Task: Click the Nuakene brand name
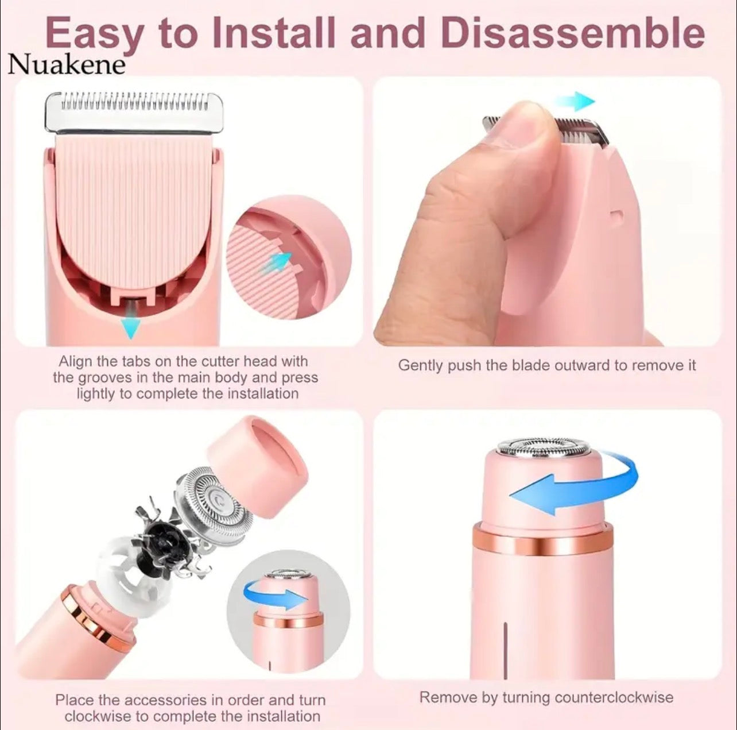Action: [x=66, y=64]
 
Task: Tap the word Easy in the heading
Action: [x=94, y=34]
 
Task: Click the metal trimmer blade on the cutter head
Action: [x=133, y=111]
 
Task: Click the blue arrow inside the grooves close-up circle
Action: [x=279, y=262]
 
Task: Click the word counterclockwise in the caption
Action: [x=614, y=697]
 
